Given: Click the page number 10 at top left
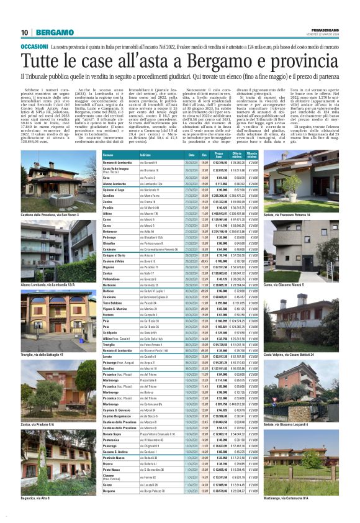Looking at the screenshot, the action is pos(24,32).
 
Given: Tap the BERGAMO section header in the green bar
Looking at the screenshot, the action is pos(52,32).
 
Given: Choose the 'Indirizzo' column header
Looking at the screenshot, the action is pos(145,153).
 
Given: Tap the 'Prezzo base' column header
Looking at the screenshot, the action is pos(218,153).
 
